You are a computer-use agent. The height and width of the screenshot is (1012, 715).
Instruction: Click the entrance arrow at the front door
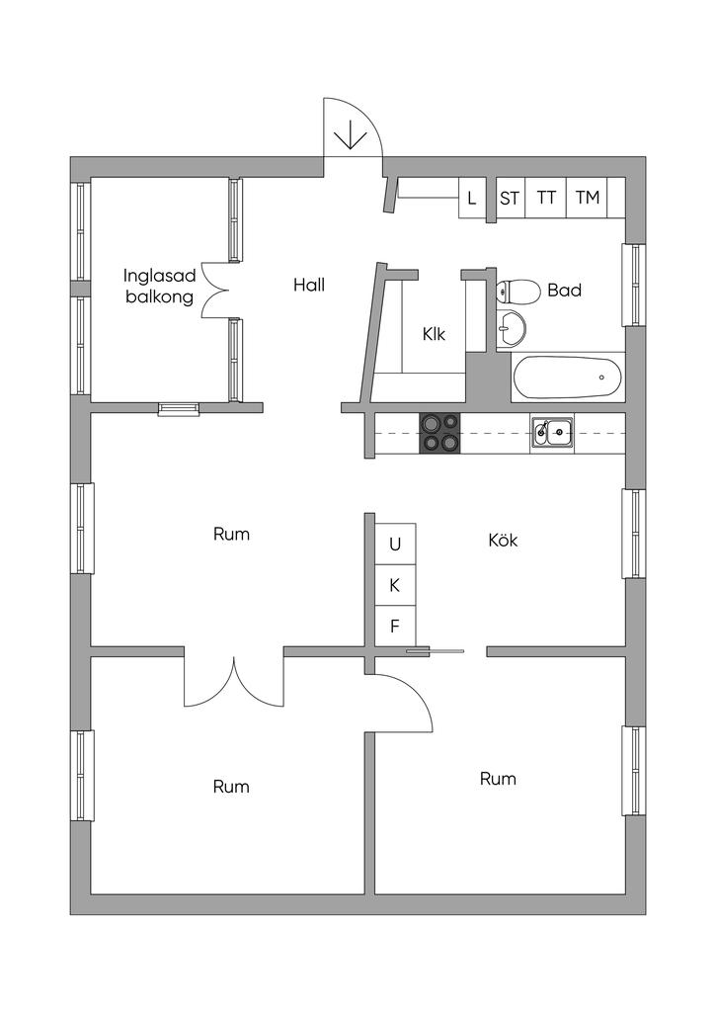coord(349,134)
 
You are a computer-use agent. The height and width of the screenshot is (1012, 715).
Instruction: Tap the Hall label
coord(309,285)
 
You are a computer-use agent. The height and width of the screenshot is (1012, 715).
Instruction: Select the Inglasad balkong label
coord(160,285)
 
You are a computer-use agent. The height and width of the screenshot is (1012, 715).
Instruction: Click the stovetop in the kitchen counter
coord(439,432)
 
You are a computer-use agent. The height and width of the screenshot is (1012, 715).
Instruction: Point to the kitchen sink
coord(552,432)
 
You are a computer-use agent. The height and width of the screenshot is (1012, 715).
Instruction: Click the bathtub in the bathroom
coord(567,377)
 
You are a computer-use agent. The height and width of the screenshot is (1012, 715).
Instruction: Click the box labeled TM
coord(588,198)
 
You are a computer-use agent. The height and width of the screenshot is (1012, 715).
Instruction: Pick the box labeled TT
coord(546,198)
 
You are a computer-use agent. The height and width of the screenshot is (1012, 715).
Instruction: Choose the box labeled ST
coord(510,198)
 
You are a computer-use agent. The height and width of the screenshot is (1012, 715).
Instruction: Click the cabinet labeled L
coord(472,198)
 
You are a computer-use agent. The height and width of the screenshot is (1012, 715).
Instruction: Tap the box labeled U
coord(395,543)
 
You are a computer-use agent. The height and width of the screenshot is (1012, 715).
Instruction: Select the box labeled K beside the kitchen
coord(395,584)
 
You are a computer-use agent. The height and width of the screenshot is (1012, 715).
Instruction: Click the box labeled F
coord(395,625)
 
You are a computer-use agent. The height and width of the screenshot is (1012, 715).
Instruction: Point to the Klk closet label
coord(434,334)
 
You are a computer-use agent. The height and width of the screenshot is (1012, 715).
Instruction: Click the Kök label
coord(503,541)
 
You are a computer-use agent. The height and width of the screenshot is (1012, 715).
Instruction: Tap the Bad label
coord(564,291)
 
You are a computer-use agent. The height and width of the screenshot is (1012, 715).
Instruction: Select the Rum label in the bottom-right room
coord(498,779)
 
